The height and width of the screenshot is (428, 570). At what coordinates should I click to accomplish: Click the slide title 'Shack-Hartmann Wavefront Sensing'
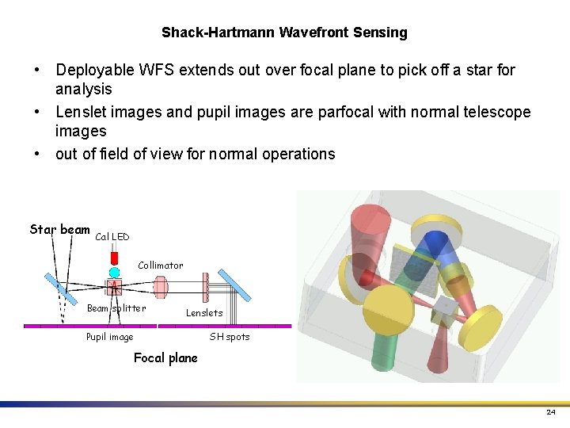284,32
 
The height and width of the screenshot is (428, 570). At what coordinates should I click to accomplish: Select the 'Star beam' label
59,230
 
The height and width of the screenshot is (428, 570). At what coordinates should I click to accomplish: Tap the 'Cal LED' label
112,237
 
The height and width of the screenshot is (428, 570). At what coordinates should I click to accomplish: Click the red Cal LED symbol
114,258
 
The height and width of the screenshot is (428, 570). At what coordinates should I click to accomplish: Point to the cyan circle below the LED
114,272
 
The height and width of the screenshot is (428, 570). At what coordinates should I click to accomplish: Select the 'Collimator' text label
160,266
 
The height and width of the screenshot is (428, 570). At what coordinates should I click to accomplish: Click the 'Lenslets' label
204,313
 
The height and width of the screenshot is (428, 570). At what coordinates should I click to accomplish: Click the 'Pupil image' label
109,337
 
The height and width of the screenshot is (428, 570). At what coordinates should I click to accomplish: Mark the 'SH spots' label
229,337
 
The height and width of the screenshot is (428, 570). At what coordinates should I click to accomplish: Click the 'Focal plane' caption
165,358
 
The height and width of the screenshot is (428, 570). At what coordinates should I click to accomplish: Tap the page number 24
550,413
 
